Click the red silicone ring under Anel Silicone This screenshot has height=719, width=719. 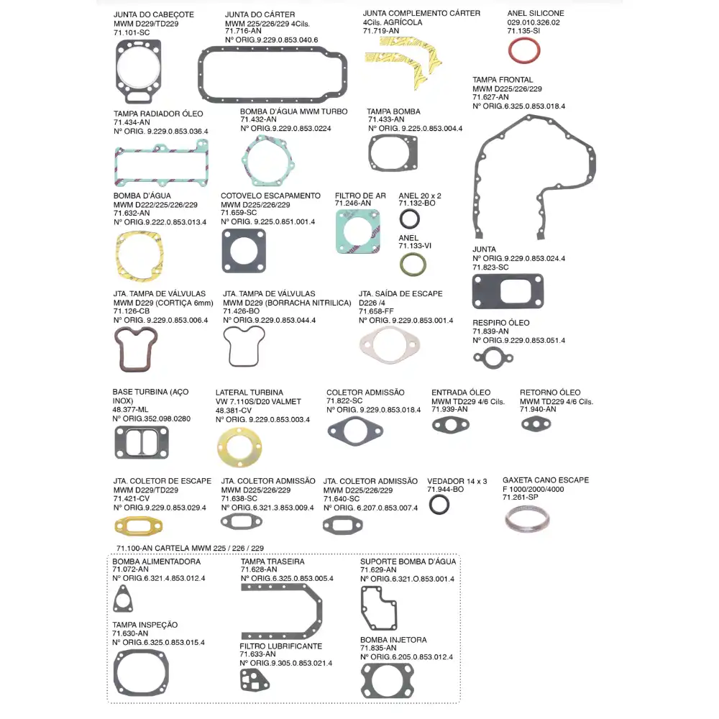tap(524, 51)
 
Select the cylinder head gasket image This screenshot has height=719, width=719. tap(139, 73)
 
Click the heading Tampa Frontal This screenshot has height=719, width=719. tap(503, 80)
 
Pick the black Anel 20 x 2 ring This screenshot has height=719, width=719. tap(409, 220)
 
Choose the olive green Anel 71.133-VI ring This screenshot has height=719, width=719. tap(413, 265)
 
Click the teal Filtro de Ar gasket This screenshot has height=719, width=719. tap(357, 231)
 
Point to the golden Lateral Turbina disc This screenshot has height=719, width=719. tap(239, 446)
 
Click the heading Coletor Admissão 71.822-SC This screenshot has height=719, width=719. tap(365, 393)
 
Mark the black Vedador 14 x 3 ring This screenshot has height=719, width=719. tap(439, 505)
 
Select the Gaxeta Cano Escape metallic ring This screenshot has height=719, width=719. tap(525, 518)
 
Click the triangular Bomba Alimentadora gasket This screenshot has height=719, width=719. tap(123, 599)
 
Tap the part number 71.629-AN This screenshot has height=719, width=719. tap(375, 570)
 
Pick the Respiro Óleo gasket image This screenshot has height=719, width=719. tap(493, 357)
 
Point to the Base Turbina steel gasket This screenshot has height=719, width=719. tap(142, 441)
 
